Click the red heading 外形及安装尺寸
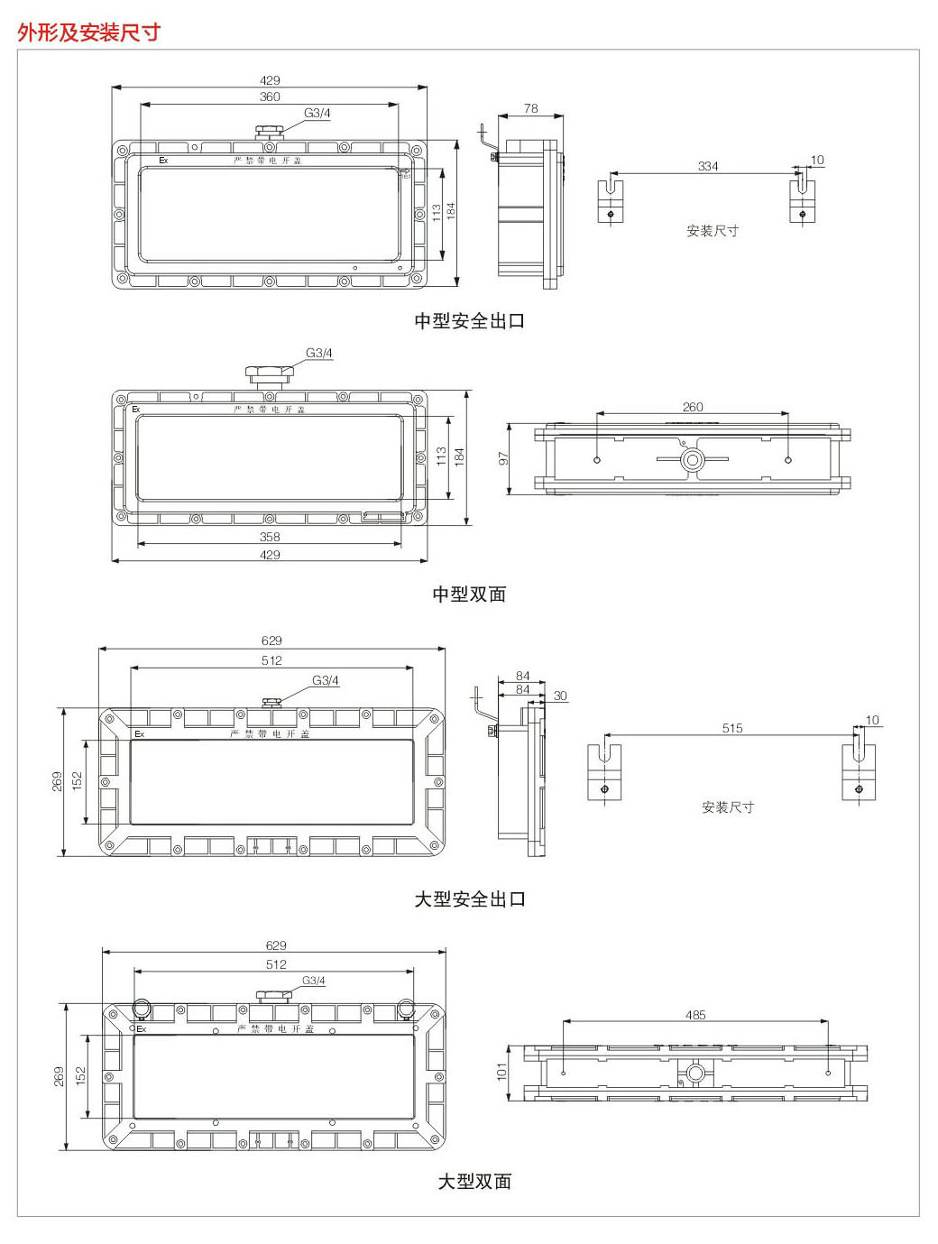tap(88, 32)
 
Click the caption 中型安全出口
tap(469, 321)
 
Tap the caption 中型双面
tap(469, 594)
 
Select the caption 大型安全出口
tap(469, 899)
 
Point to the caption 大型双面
tap(474, 1182)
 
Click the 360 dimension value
tap(270, 97)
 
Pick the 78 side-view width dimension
tap(530, 108)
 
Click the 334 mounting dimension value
tap(708, 166)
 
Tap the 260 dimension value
tap(693, 407)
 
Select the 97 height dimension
tap(504, 458)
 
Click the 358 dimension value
tap(270, 537)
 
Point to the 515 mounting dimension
tap(732, 728)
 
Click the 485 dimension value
tap(695, 1015)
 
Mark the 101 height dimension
tap(502, 1071)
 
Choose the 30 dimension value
tap(560, 696)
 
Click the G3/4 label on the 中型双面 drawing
tap(319, 353)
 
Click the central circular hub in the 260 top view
tap(692, 460)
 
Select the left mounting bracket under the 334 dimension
tap(611, 202)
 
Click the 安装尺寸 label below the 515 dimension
tap(727, 807)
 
